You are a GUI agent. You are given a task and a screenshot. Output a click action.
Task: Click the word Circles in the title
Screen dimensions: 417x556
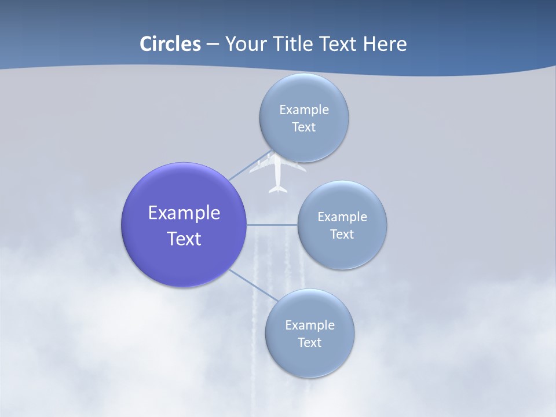pyautogui.click(x=170, y=44)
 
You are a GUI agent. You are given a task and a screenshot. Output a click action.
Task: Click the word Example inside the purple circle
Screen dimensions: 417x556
pyautogui.click(x=184, y=213)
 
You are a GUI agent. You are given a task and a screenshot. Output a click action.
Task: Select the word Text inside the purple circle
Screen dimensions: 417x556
pyautogui.click(x=184, y=239)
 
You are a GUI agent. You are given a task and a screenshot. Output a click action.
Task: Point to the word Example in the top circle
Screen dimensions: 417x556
pyautogui.click(x=303, y=110)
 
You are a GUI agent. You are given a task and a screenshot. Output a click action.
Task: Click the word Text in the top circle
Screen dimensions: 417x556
pyautogui.click(x=303, y=127)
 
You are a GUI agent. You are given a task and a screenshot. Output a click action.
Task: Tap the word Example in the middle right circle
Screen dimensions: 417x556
pyautogui.click(x=342, y=217)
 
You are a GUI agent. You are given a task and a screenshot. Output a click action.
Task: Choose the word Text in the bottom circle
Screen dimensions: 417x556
pyautogui.click(x=309, y=343)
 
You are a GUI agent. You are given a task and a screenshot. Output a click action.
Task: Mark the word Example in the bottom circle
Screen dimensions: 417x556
pyautogui.click(x=309, y=325)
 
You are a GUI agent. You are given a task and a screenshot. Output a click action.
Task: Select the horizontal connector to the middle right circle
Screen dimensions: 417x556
pyautogui.click(x=272, y=225)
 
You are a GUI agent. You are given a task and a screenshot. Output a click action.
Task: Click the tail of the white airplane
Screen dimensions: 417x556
pyautogui.click(x=278, y=188)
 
